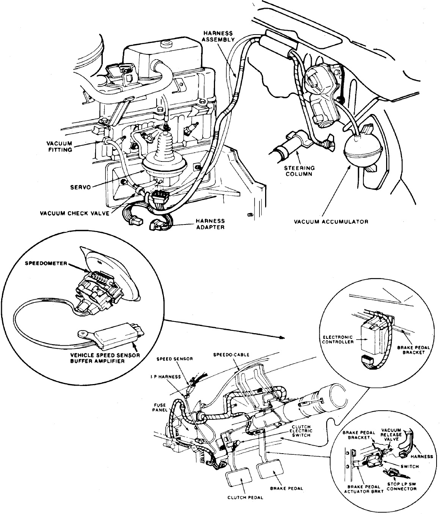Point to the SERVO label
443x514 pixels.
pos(80,187)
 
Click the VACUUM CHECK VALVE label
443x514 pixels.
pos(75,213)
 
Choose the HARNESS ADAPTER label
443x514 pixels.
pos(210,224)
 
